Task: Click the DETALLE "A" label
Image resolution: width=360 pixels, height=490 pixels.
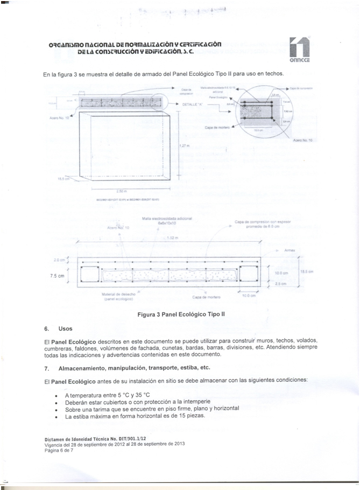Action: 193,104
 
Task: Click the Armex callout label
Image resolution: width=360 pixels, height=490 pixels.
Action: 288,250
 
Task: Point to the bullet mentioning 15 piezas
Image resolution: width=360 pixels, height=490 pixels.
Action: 135,416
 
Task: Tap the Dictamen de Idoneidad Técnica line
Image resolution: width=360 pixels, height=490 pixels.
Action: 87,439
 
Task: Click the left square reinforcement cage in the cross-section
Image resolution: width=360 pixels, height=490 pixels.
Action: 90,274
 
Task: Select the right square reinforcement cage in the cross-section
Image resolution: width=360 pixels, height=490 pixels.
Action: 250,274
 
